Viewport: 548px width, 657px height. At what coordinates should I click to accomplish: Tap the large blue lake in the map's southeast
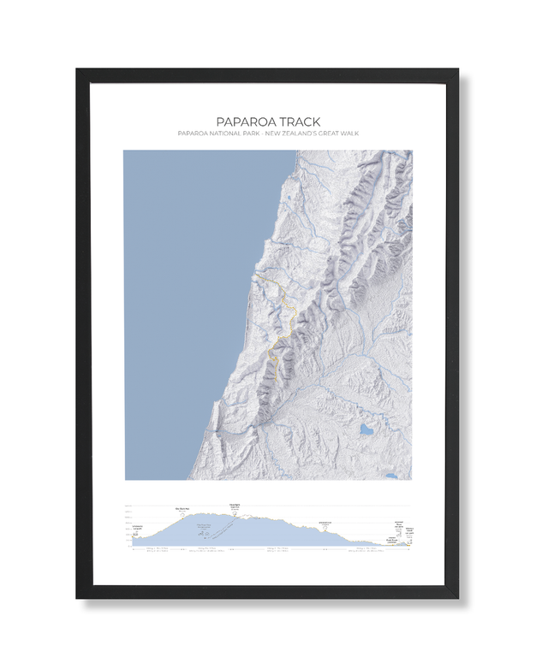366,429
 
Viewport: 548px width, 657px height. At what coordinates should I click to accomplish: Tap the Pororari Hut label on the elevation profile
325,521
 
